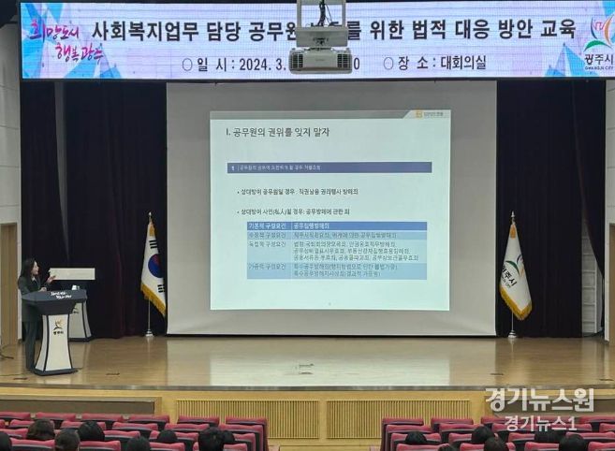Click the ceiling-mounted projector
click(320, 47)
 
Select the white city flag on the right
click(514, 272)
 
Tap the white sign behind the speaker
click(73, 274)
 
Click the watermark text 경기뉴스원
click(539, 400)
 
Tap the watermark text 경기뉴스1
click(540, 423)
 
